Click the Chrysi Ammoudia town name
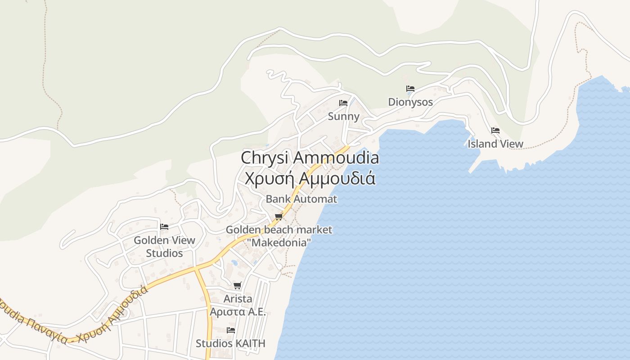coord(310,158)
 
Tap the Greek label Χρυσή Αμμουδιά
coord(310,178)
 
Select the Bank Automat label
coord(301,198)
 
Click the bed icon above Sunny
coord(343,103)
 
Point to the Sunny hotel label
coord(343,117)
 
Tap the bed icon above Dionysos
coord(410,89)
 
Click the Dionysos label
coord(410,102)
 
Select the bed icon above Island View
coord(495,130)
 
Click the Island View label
coord(495,144)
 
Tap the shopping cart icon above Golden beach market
coord(279,217)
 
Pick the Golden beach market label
coord(279,229)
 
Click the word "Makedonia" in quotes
coord(279,243)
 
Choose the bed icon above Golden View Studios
coord(164,226)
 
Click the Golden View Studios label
coord(164,247)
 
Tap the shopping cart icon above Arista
coord(238,285)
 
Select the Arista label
coord(238,298)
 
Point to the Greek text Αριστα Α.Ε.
coord(238,311)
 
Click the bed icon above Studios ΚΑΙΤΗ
coord(231,330)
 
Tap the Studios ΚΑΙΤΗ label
coord(230,343)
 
